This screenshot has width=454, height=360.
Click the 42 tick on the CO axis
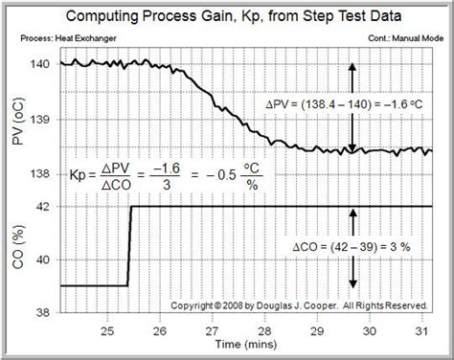(x=40, y=207)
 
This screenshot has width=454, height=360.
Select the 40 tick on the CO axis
(x=40, y=259)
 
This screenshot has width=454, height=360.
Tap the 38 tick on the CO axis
(x=40, y=311)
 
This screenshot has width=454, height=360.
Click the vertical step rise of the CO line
(x=129, y=245)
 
